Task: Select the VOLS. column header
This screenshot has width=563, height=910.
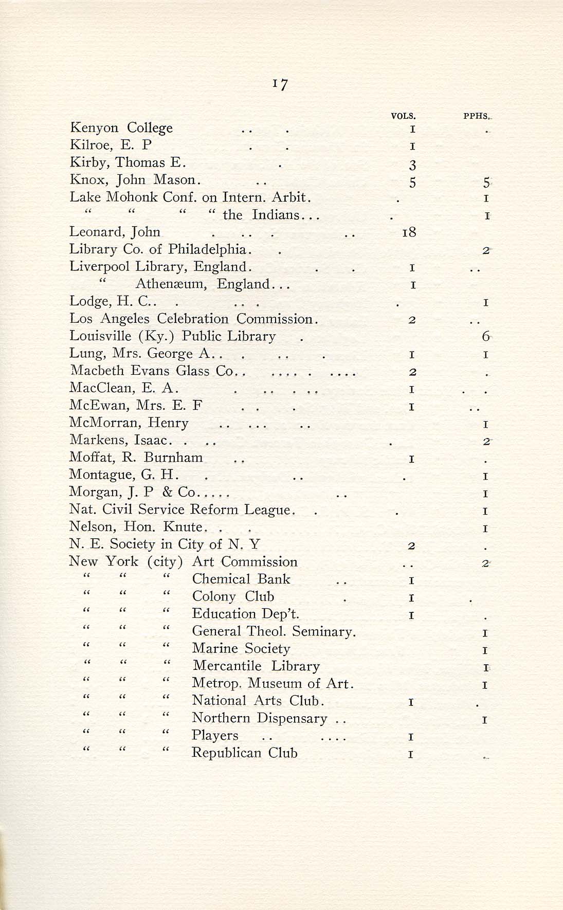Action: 403,116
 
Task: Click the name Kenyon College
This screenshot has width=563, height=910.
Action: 121,128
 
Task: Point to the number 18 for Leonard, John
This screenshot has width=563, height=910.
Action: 409,232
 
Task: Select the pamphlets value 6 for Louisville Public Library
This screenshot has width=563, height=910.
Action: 485,337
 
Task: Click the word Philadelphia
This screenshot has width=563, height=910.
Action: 208,249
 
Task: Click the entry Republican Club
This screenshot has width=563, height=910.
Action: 244,753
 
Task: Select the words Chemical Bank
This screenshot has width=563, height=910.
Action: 241,579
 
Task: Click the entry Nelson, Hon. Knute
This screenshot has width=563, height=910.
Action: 137,527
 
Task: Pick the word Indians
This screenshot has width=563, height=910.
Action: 276,214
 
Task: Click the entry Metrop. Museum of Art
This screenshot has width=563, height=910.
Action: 272,683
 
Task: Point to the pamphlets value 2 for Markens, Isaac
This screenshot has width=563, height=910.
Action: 485,441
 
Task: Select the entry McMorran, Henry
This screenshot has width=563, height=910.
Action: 129,423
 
